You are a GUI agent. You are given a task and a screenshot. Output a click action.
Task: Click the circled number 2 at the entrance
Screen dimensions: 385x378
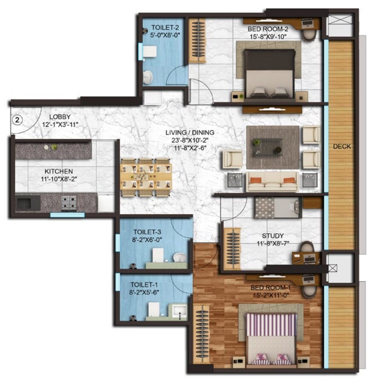coord(17,120)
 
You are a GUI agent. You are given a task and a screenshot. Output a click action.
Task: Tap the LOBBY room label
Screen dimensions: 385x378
coord(59,117)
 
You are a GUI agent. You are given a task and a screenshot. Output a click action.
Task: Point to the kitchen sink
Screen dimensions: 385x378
coord(28,202)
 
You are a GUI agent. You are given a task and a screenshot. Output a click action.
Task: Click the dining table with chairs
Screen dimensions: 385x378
coord(146,177)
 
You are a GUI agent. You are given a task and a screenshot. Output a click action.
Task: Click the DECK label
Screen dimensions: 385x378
coord(342,146)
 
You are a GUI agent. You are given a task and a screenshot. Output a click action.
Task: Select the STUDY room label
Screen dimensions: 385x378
coord(273,236)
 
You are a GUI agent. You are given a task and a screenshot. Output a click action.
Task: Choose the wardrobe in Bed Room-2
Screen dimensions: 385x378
coord(197,41)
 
